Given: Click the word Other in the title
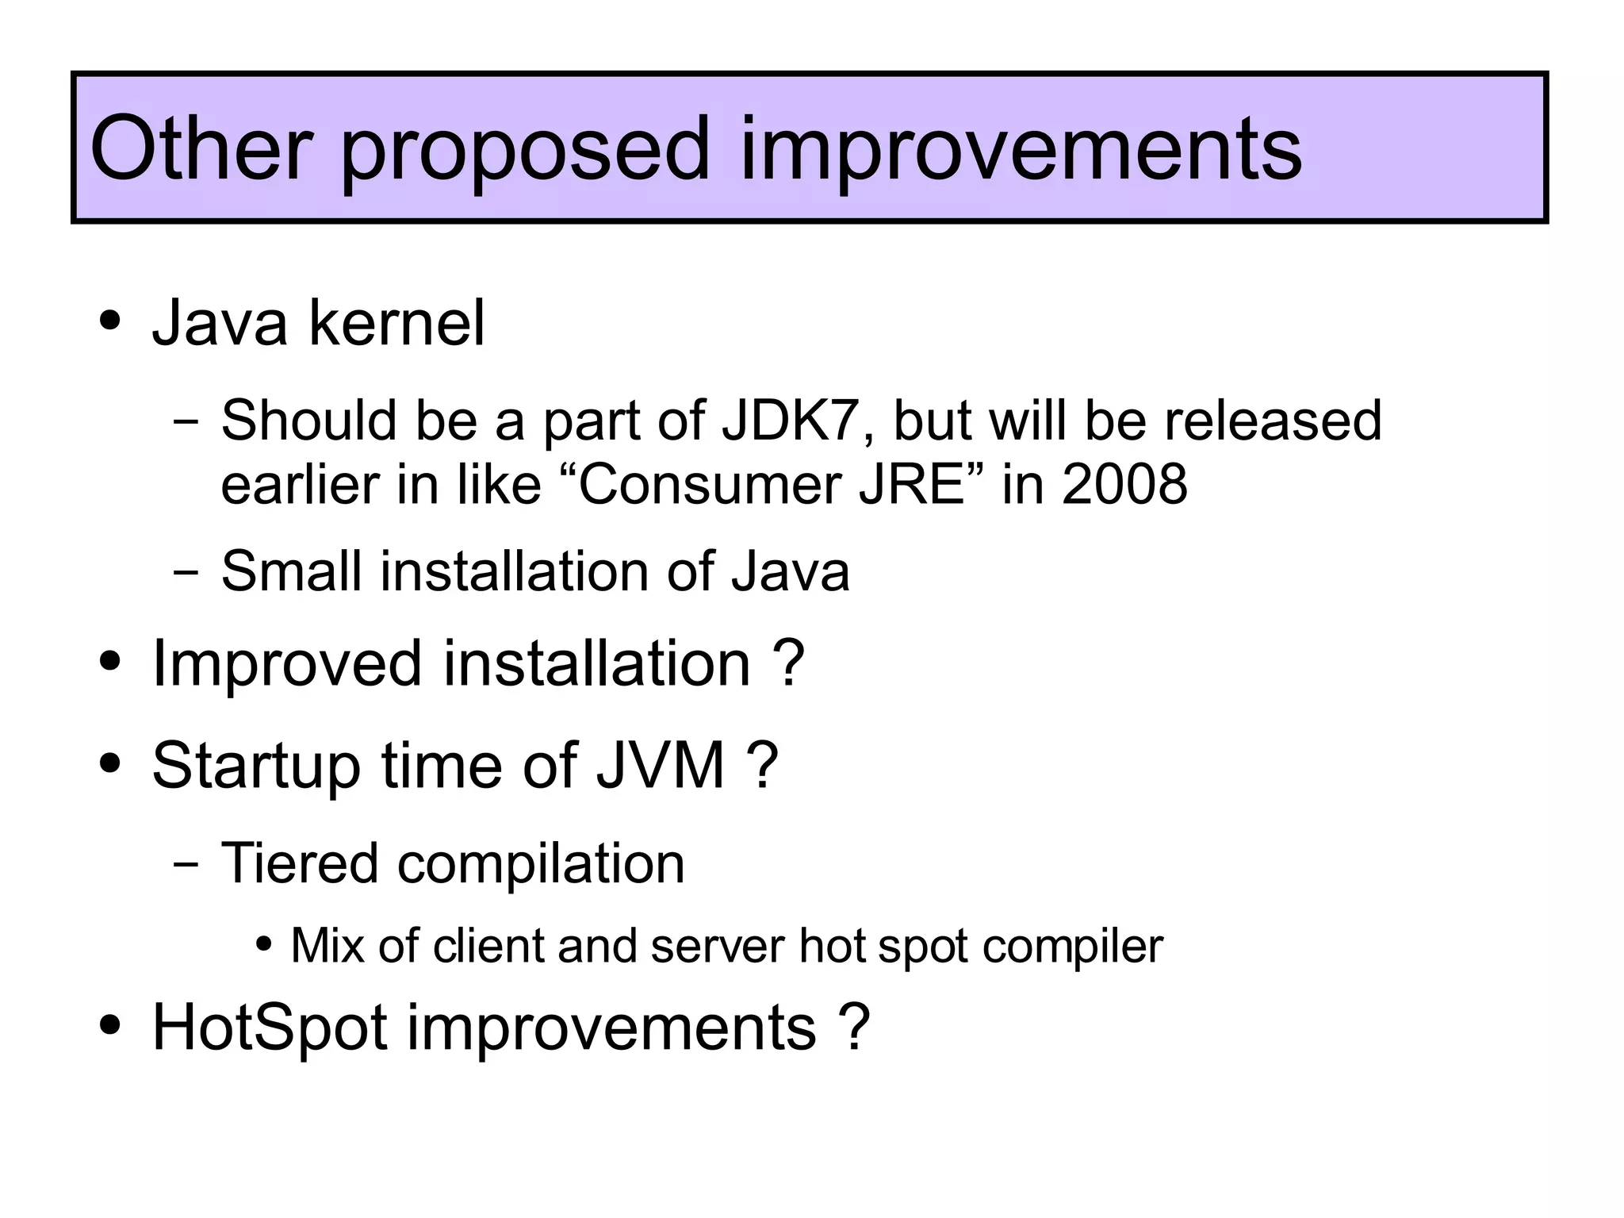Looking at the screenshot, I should [201, 148].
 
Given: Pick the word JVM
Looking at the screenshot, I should [661, 765].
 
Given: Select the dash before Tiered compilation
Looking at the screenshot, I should [186, 863].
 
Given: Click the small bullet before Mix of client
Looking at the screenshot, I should [265, 945].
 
